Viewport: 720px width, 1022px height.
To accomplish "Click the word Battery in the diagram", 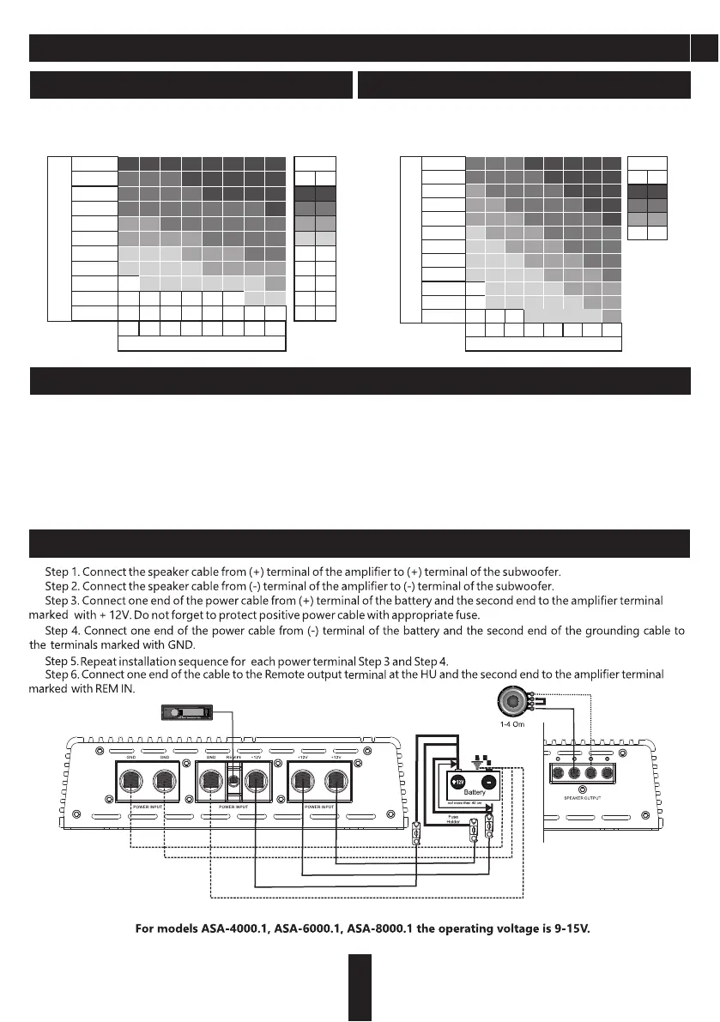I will (475, 793).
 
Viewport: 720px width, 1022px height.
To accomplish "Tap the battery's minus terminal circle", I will (490, 783).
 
